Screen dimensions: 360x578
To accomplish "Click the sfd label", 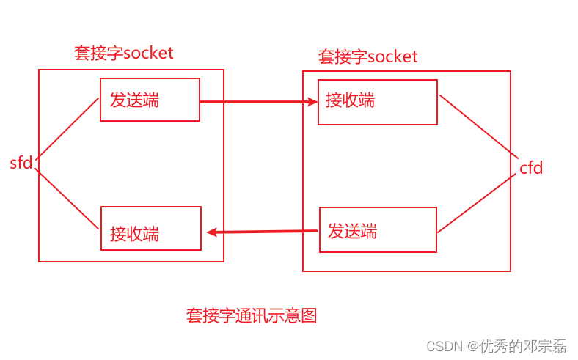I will [x=21, y=163].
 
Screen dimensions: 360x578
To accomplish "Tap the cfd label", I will [x=531, y=168].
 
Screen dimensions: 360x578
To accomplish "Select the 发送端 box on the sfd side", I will [x=150, y=100].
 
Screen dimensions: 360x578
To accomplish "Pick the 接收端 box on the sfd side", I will [x=150, y=228].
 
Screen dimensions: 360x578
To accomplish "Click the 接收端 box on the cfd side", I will [x=377, y=102].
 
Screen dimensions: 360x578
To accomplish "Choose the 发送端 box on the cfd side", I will [x=378, y=229].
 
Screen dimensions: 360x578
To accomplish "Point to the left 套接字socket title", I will [x=123, y=53].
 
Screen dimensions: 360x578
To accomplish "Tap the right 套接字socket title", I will [x=367, y=56].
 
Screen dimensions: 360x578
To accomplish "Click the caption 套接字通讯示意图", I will [x=252, y=315].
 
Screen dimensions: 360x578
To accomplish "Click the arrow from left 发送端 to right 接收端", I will [x=257, y=102].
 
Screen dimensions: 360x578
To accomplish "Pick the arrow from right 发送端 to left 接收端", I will [x=264, y=232].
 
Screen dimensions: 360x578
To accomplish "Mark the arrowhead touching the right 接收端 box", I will [x=313, y=102].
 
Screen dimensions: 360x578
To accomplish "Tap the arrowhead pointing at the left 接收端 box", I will [x=211, y=232].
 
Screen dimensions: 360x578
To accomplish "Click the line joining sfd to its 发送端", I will [x=67, y=128].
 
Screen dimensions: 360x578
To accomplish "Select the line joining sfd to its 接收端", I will [x=67, y=199].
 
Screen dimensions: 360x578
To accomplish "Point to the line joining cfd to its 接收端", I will [x=479, y=126].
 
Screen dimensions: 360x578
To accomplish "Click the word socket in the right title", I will [x=392, y=56].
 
